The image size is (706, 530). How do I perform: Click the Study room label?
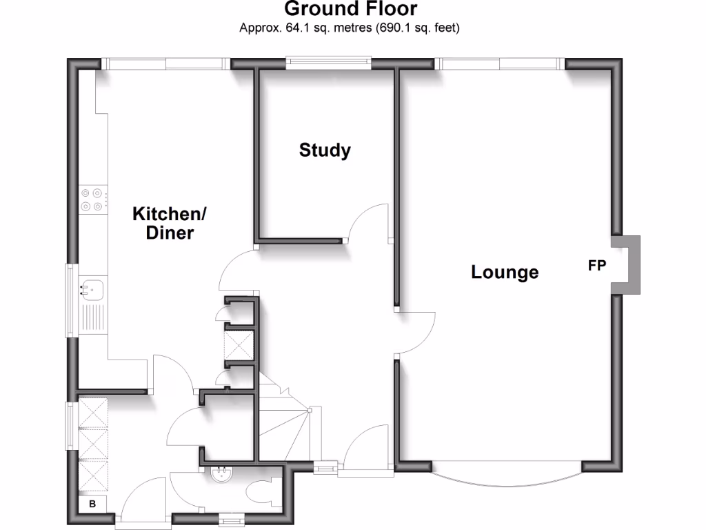325,150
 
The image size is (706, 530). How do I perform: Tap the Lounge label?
505,273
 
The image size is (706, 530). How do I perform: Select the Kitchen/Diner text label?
170,223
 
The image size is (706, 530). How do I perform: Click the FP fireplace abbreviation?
597,266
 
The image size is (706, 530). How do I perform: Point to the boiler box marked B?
92,504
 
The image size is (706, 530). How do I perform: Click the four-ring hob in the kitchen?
92,199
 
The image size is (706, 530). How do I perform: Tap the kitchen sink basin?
92,288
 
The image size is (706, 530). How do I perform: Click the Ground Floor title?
350,9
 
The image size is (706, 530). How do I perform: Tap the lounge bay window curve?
507,475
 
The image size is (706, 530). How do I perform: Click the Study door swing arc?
369,221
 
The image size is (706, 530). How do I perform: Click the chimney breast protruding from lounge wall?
626,266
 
